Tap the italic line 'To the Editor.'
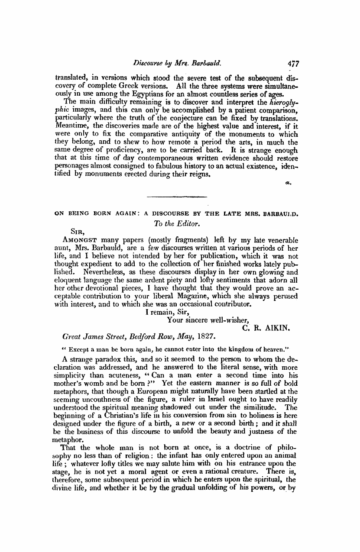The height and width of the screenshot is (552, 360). pyautogui.click(x=175, y=223)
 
